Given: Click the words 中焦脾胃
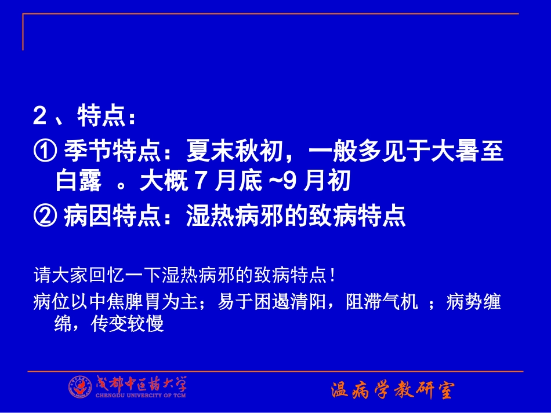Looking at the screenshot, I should pyautogui.click(x=115, y=303).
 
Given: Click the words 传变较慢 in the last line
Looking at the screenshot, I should pyautogui.click(x=128, y=324).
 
